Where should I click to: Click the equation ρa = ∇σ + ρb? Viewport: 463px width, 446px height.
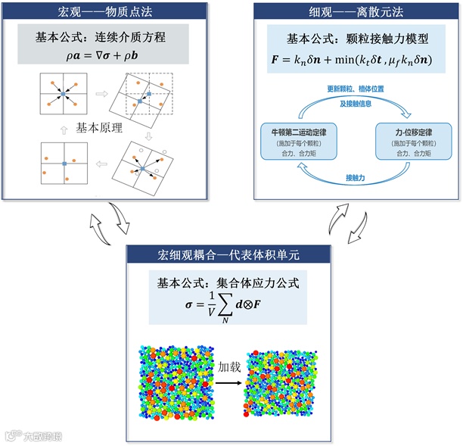tap(104, 55)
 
